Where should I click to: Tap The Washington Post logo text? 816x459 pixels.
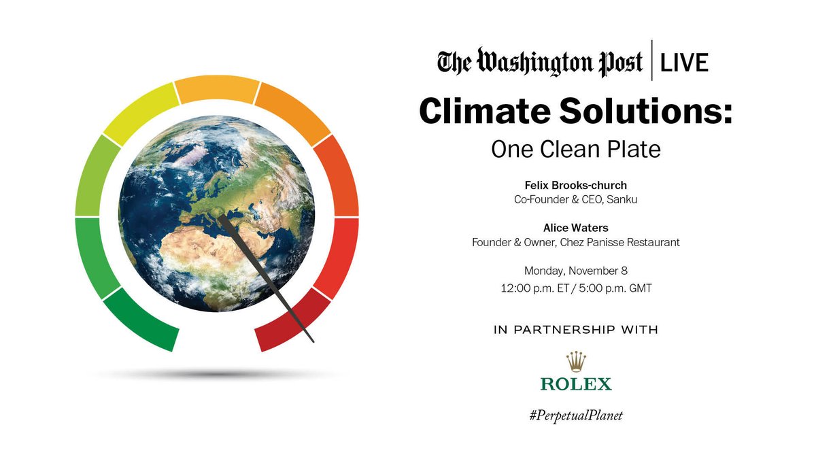click(x=540, y=63)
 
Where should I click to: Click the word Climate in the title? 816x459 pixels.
click(x=490, y=111)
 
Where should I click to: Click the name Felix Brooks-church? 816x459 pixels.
click(x=575, y=185)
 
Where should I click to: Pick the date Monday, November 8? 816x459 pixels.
click(x=575, y=270)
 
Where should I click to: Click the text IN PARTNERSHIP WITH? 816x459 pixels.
click(x=575, y=330)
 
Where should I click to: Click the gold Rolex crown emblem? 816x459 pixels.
click(x=576, y=361)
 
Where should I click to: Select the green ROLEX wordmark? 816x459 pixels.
click(x=576, y=384)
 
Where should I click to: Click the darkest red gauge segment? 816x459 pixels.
click(x=290, y=323)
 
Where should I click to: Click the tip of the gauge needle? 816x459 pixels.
click(x=313, y=340)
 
